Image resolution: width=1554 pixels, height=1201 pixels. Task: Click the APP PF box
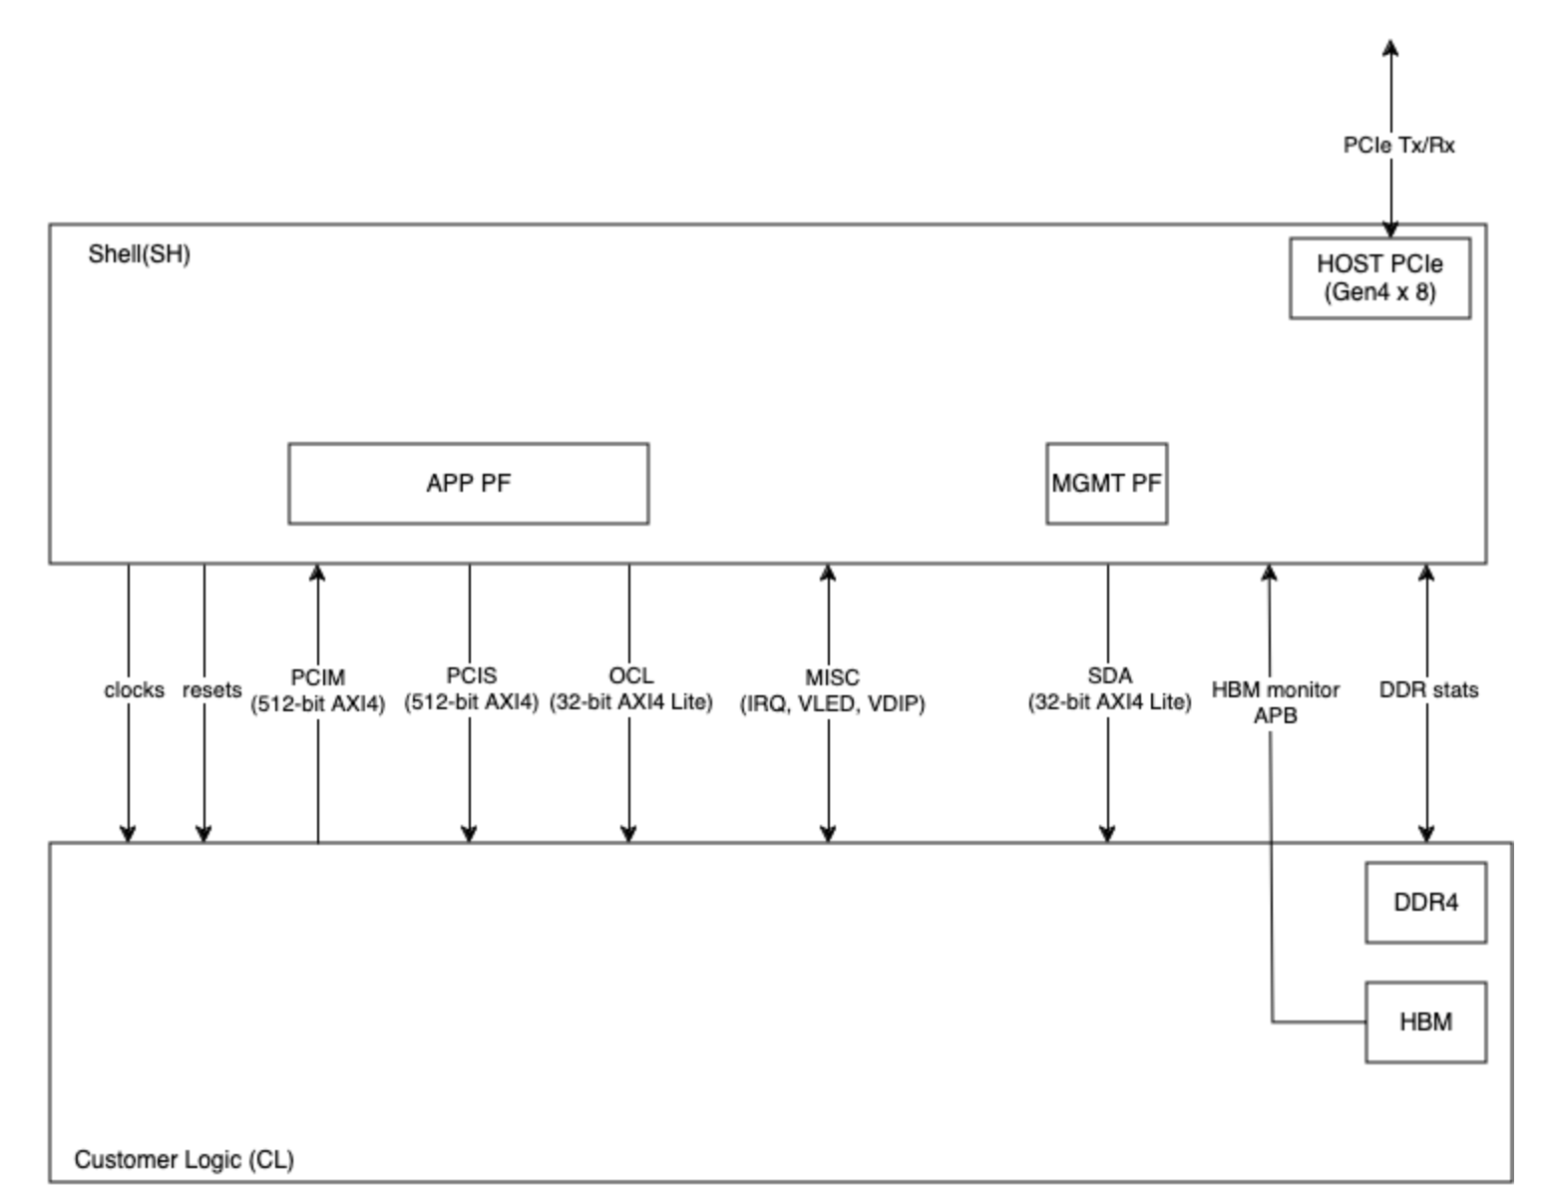click(468, 484)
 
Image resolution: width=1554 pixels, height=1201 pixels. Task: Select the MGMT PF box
click(1106, 484)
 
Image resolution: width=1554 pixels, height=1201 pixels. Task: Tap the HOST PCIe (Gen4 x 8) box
click(1379, 278)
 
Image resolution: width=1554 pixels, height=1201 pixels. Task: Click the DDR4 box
click(1425, 903)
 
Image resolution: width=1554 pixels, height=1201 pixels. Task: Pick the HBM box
click(1425, 1022)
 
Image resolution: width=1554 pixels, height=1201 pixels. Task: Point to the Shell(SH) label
click(139, 254)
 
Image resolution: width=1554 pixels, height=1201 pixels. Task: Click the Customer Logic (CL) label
click(184, 1160)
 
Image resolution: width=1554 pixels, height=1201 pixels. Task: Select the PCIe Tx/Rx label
click(1398, 146)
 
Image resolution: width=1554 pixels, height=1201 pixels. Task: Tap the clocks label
click(134, 690)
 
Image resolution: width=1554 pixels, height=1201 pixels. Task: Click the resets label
click(211, 690)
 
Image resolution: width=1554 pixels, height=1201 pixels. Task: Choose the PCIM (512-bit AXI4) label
click(317, 690)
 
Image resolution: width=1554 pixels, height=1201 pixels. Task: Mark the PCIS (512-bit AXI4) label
click(471, 689)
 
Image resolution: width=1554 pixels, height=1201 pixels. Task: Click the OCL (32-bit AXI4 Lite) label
click(630, 689)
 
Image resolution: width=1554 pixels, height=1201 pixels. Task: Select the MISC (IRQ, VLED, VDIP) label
click(832, 690)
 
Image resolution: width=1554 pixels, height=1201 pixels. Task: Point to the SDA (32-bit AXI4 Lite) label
click(1109, 689)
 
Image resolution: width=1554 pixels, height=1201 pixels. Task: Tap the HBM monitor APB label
click(1275, 702)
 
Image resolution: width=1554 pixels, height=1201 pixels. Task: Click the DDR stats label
click(1428, 690)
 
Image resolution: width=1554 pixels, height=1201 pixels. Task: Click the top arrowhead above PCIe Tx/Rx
click(1390, 47)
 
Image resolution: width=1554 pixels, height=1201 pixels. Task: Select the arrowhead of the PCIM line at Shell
click(317, 572)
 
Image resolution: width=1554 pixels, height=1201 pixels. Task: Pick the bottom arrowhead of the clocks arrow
click(128, 834)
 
